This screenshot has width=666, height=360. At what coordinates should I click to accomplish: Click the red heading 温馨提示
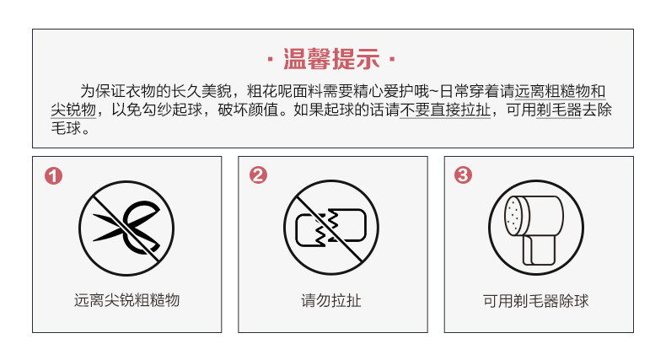(331, 58)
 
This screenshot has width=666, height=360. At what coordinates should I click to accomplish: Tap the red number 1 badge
(53, 175)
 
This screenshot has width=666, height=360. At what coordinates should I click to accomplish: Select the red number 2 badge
(258, 175)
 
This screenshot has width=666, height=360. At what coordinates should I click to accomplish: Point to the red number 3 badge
(463, 175)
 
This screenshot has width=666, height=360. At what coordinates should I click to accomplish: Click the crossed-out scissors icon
(126, 228)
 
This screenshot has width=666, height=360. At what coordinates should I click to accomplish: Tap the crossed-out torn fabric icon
(331, 228)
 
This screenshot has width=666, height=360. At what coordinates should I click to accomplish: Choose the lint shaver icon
(536, 228)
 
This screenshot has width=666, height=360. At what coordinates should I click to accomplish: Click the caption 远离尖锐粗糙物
(126, 300)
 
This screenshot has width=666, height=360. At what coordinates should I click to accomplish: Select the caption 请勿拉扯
(331, 301)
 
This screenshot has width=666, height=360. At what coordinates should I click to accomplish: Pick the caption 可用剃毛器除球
(536, 301)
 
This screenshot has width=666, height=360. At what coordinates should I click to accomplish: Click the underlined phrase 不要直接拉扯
(445, 110)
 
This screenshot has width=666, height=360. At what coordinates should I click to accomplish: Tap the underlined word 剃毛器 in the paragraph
(559, 110)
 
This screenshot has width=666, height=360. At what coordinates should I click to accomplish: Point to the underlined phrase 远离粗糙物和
(560, 91)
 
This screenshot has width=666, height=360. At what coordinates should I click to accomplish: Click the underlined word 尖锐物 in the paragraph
(73, 110)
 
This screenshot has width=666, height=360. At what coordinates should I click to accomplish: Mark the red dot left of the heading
(270, 59)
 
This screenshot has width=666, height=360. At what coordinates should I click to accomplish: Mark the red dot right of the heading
(392, 59)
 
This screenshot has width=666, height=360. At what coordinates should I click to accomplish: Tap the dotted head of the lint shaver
(515, 216)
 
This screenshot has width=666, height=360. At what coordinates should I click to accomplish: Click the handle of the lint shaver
(540, 250)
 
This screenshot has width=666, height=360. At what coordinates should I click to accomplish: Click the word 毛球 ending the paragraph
(66, 128)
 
